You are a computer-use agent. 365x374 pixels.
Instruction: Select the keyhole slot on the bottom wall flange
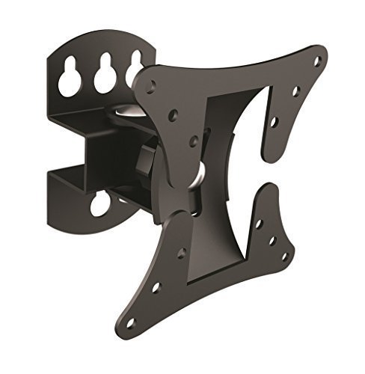click(x=100, y=203)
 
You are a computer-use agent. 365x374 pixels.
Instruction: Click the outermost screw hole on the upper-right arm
click(x=318, y=60)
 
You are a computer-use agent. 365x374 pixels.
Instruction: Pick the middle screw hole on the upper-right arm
click(x=296, y=91)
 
